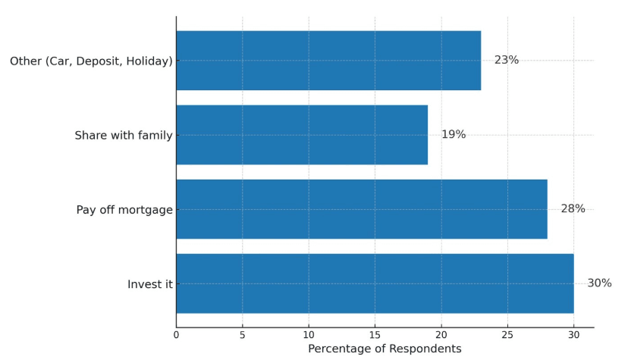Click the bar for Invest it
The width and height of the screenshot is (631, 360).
tap(375, 283)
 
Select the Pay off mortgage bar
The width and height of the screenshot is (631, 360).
tap(362, 209)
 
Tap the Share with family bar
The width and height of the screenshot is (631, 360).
tap(302, 135)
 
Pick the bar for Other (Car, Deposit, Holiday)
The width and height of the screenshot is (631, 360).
tap(328, 61)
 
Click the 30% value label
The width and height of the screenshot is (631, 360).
tap(599, 283)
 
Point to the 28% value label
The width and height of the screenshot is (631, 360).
tap(573, 208)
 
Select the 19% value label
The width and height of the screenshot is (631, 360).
tap(454, 134)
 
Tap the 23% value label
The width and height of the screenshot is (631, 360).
tap(507, 60)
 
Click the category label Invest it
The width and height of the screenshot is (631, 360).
tap(149, 284)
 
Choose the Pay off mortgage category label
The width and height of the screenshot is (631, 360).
tap(124, 210)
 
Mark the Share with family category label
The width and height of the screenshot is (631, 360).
tap(124, 136)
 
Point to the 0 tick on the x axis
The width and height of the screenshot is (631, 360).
tap(176, 335)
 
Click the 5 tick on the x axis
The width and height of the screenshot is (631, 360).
tap(242, 335)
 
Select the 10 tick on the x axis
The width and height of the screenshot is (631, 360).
tap(309, 335)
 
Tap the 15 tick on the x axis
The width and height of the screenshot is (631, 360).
tap(375, 335)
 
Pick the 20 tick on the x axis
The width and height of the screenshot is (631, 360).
tap(441, 335)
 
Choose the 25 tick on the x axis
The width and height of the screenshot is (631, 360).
tap(507, 335)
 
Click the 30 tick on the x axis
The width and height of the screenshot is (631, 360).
tap(574, 335)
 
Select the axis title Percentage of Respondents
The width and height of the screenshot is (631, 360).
tap(385, 349)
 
